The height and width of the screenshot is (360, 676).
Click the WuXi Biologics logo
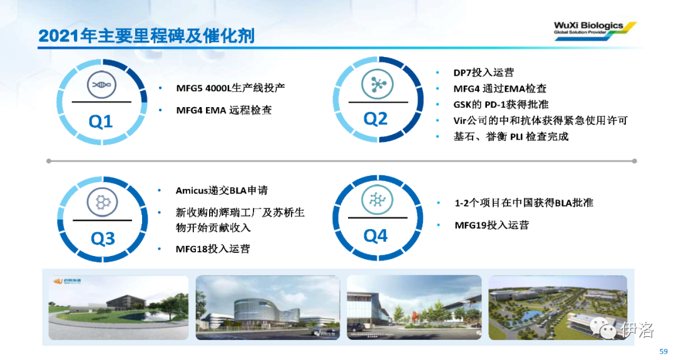tap(595, 31)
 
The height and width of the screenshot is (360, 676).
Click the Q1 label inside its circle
tap(100, 121)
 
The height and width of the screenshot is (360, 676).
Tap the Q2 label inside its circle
tap(375, 118)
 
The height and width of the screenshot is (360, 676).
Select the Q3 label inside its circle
tap(103, 238)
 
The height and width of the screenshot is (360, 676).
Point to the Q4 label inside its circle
tap(375, 235)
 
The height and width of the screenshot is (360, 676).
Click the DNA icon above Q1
tap(101, 85)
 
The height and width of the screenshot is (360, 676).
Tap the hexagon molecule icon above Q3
tap(102, 202)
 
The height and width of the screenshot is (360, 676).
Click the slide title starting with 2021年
tap(146, 36)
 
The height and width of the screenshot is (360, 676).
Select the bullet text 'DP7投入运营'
tap(483, 73)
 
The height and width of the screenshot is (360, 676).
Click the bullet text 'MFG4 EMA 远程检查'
tap(223, 110)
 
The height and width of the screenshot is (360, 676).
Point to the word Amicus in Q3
tap(192, 190)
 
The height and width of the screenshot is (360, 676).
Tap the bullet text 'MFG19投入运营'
tap(491, 225)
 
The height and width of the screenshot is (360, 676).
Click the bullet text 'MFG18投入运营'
tap(213, 249)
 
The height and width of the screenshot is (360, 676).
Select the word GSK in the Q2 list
tap(462, 105)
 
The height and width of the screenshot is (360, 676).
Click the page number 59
tap(663, 351)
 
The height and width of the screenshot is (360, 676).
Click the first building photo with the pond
tap(118, 308)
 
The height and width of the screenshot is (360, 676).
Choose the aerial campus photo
tap(558, 308)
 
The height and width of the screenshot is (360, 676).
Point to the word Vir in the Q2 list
tap(460, 121)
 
